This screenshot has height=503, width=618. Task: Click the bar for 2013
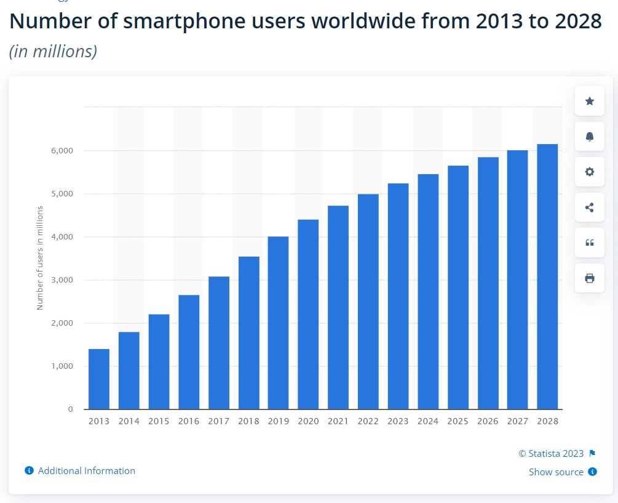(98, 379)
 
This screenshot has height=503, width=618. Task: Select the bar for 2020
(308, 314)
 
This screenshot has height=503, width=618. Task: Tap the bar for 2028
(547, 276)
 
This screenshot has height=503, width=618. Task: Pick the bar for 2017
(218, 342)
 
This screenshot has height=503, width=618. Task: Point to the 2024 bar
(428, 291)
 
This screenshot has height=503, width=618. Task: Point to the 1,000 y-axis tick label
(61, 366)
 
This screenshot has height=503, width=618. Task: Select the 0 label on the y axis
(70, 409)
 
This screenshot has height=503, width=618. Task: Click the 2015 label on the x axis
(159, 422)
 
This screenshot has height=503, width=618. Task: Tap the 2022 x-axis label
(368, 422)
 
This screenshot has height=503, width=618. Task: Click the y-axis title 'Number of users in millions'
(40, 258)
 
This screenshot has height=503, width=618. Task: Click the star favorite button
(589, 101)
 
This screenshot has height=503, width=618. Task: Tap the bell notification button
(589, 136)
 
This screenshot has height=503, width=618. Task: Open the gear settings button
(589, 172)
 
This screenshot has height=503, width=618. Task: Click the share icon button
(589, 207)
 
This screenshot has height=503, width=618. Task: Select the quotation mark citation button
(589, 243)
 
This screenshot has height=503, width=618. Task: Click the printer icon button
(589, 278)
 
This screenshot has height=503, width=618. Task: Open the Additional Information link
(86, 471)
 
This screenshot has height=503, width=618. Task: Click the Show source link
(556, 472)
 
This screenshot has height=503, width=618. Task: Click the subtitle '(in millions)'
(53, 51)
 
